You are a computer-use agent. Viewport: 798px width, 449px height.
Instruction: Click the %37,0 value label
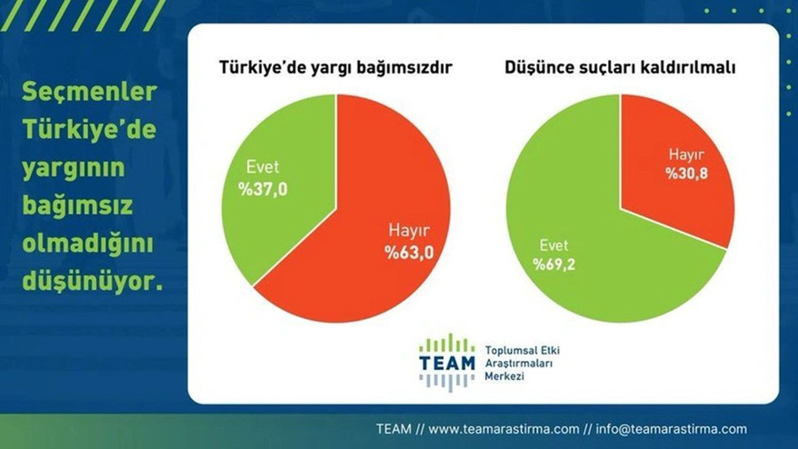[262, 189]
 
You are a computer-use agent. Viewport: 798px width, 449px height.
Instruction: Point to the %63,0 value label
[409, 253]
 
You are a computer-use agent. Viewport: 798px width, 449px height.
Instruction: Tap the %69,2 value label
[554, 265]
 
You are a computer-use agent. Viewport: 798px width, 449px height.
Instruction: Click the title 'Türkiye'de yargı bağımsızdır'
[335, 67]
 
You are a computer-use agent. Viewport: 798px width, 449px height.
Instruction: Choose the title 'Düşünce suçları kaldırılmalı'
[620, 67]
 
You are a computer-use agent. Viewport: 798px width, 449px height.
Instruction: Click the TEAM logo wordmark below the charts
[447, 363]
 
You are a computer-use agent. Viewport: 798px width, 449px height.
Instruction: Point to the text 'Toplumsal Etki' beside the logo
[522, 350]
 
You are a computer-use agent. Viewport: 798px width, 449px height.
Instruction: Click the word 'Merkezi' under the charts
[505, 377]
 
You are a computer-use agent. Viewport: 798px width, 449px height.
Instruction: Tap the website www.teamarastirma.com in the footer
[503, 429]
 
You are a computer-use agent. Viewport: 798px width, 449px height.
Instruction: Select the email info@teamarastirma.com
[671, 429]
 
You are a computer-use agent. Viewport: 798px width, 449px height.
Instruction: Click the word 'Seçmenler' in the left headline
[89, 92]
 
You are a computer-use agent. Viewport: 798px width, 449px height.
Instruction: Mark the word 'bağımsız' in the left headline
[77, 206]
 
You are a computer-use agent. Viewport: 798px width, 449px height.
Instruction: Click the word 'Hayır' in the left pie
[409, 231]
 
